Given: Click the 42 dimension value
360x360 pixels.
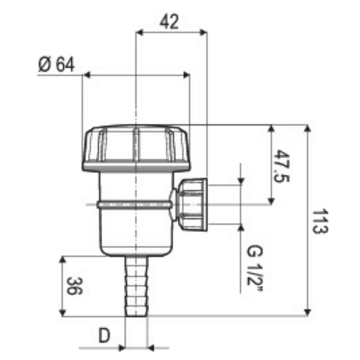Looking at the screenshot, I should (x=170, y=22).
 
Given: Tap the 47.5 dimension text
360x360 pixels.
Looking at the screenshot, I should (x=282, y=166).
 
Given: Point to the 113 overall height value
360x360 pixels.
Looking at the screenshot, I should (x=320, y=221).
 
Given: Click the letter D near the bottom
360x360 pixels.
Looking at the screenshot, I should (x=104, y=336).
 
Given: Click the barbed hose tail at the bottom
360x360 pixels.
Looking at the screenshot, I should (x=136, y=286).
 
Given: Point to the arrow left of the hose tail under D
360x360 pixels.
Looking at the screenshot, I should (x=121, y=348).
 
